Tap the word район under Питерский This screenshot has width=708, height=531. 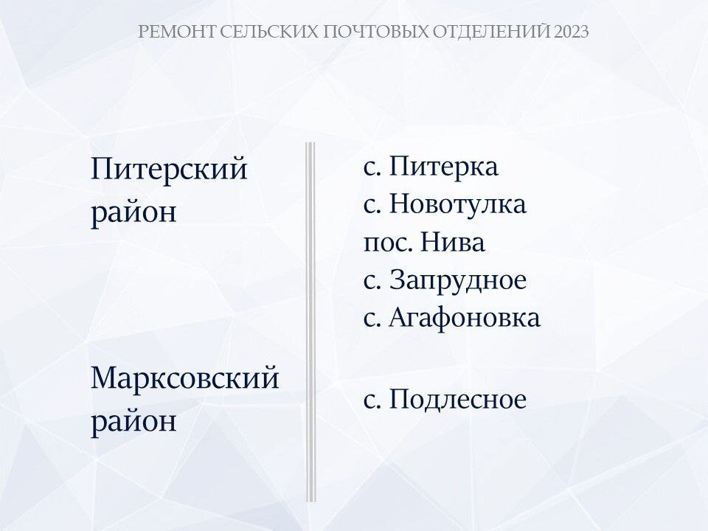[133, 212]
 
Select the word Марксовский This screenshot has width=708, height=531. [185, 379]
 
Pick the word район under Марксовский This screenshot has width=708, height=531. [133, 422]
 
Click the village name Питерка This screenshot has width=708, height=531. [443, 166]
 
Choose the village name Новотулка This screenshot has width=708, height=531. [458, 204]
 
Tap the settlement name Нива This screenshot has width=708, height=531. [453, 242]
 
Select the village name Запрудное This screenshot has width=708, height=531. [458, 281]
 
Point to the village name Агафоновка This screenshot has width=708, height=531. [464, 317]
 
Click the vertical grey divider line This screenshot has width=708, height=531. [310, 322]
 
